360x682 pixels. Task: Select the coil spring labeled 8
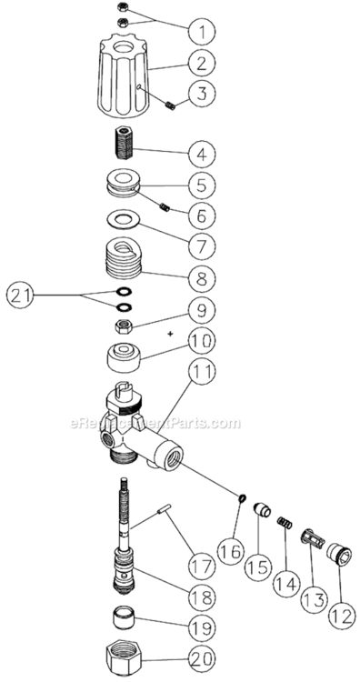(x=124, y=257)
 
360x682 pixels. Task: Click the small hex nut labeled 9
(x=121, y=326)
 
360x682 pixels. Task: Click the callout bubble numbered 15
(x=259, y=564)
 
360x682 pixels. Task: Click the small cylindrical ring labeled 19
(x=122, y=627)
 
